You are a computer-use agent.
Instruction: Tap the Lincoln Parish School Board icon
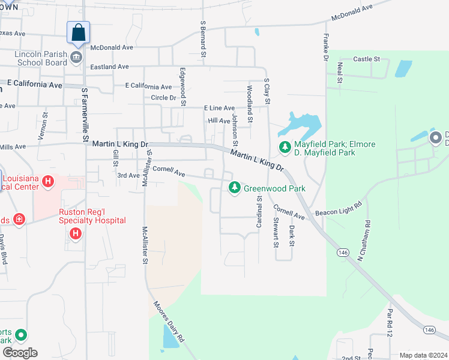pos(76,58)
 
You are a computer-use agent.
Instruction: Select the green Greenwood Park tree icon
pos(235,188)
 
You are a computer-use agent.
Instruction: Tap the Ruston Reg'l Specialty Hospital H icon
pos(76,233)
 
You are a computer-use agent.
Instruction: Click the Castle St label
pos(367,59)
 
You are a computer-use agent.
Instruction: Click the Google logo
pos(19,353)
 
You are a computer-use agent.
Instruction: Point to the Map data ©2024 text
pos(423,355)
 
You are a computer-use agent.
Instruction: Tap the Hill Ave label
pos(219,121)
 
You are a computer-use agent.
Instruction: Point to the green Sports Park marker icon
pos(21,335)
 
